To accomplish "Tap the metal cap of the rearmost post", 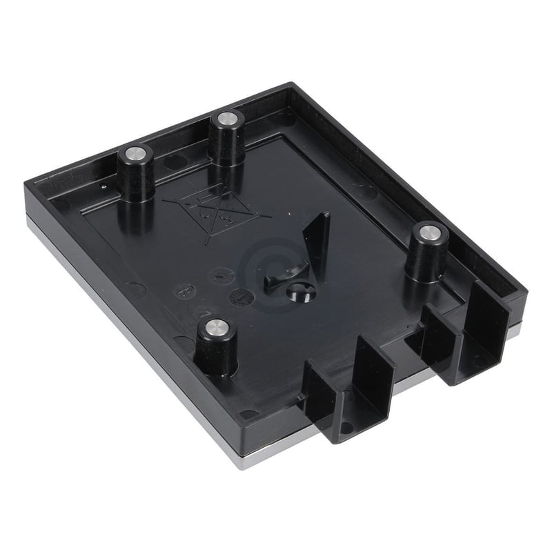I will pyautogui.click(x=226, y=119).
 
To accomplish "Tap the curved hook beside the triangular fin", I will pyautogui.click(x=283, y=275).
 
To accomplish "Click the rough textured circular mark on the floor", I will pyautogui.click(x=241, y=297).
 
